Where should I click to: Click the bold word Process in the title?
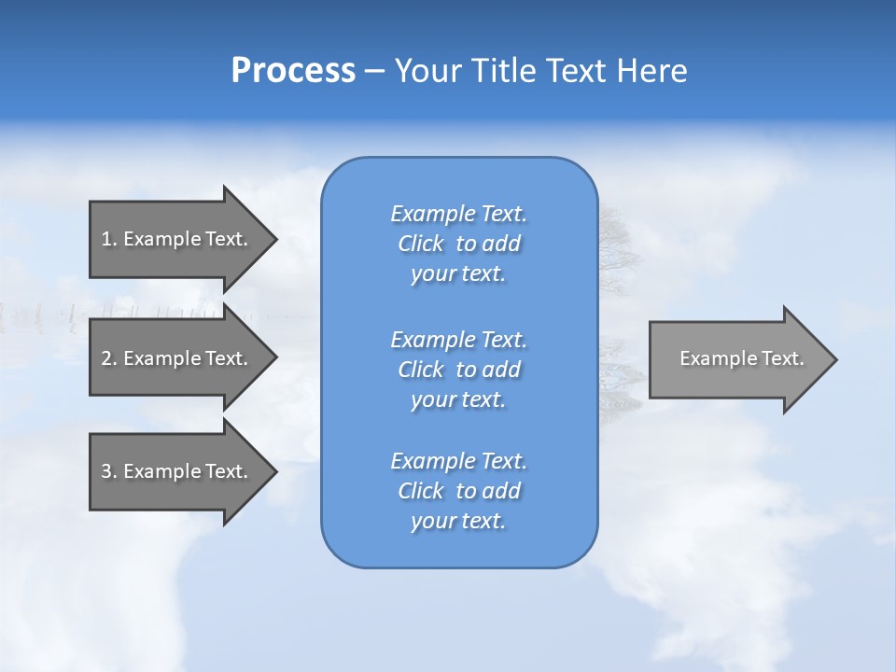[x=293, y=71]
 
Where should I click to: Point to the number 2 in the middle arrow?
[x=106, y=358]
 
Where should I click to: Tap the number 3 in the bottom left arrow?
[x=106, y=471]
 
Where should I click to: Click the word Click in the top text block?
[x=421, y=244]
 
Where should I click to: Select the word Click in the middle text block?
[x=421, y=370]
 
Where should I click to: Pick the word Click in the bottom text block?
[x=421, y=491]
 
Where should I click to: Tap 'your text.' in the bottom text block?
[x=458, y=521]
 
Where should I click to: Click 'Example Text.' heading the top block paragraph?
[x=458, y=214]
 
